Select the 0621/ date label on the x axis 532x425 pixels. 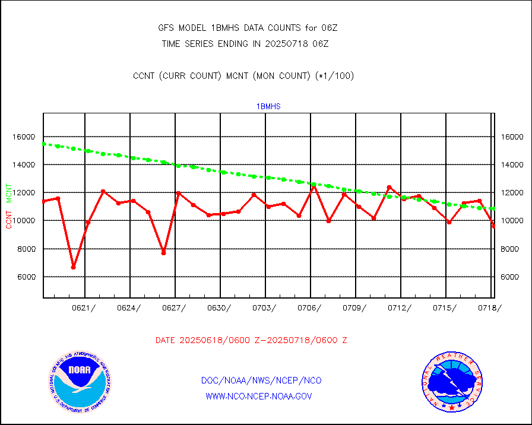(84, 307)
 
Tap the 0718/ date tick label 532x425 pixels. (490, 307)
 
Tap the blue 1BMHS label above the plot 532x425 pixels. (268, 107)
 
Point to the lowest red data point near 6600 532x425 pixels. (73, 267)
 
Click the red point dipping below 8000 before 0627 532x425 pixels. (163, 253)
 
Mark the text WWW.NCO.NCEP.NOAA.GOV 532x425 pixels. (258, 396)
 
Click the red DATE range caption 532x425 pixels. (251, 341)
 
